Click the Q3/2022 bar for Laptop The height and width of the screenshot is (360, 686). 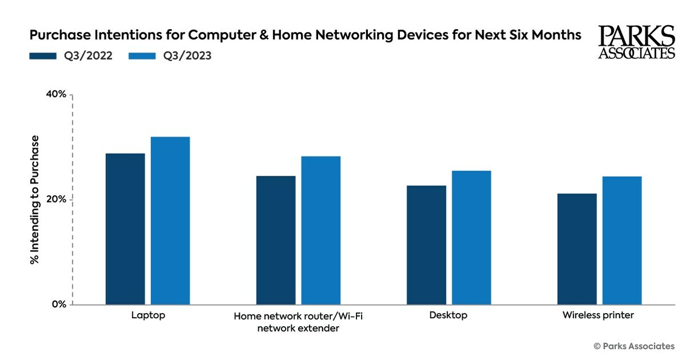pyautogui.click(x=125, y=229)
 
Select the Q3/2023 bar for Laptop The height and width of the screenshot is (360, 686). pyautogui.click(x=170, y=220)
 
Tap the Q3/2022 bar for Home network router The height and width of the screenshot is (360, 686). pyautogui.click(x=276, y=240)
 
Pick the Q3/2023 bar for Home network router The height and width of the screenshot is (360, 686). pyautogui.click(x=320, y=230)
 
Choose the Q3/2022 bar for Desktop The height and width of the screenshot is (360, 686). pyautogui.click(x=426, y=245)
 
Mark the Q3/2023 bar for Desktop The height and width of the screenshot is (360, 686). pyautogui.click(x=471, y=238)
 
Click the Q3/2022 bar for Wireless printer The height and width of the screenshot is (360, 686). pyautogui.click(x=577, y=249)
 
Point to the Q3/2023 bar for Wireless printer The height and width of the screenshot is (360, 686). pyautogui.click(x=622, y=240)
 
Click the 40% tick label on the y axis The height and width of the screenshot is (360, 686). pyautogui.click(x=55, y=94)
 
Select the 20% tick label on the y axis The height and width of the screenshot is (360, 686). pyautogui.click(x=55, y=200)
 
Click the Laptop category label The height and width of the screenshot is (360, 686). pyautogui.click(x=148, y=315)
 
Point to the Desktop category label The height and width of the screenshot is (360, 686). pyautogui.click(x=449, y=315)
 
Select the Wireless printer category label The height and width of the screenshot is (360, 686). pyautogui.click(x=598, y=315)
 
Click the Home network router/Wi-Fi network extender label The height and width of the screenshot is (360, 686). pyautogui.click(x=298, y=322)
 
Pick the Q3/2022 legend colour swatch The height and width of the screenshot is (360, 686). pyautogui.click(x=42, y=56)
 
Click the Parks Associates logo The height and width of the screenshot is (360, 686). pyautogui.click(x=636, y=42)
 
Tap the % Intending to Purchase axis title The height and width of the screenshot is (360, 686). pyautogui.click(x=35, y=200)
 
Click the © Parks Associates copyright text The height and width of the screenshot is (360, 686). pyautogui.click(x=633, y=346)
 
